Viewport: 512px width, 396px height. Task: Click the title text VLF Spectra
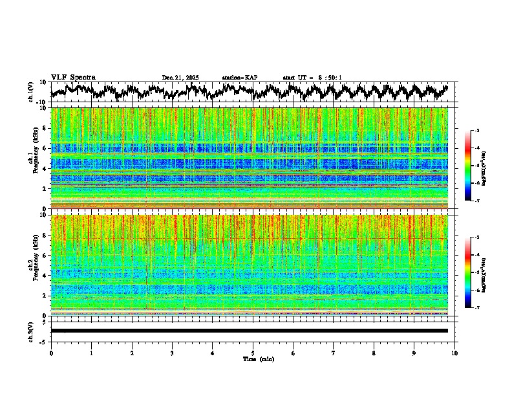73,77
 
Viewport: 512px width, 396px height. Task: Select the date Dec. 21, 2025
180,78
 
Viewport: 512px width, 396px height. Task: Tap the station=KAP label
239,78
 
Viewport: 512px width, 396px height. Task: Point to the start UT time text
312,78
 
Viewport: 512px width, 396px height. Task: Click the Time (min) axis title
253,358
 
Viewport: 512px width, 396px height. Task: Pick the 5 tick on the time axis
253,353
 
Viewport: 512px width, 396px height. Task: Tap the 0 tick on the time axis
51,353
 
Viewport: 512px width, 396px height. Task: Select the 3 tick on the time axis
172,353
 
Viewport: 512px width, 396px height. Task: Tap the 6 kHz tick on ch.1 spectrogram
45,149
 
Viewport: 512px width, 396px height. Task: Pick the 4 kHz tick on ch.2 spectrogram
45,276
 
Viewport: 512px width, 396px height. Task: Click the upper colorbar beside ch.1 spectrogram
468,166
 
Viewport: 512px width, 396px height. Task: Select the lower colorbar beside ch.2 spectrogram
468,272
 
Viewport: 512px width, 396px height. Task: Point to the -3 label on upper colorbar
476,131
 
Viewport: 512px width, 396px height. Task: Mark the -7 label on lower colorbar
476,308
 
